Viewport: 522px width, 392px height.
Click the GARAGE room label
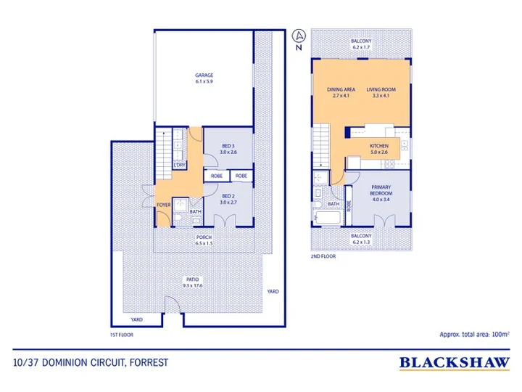[x=204, y=75]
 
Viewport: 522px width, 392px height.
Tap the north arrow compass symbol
[x=299, y=36]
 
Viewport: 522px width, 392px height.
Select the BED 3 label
[x=228, y=146]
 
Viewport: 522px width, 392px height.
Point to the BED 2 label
[x=228, y=196]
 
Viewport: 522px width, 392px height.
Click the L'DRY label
[x=180, y=165]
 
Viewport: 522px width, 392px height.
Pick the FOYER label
[x=163, y=205]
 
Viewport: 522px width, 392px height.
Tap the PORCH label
[x=204, y=237]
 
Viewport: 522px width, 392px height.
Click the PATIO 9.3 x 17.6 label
[x=192, y=282]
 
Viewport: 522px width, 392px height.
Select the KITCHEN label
[x=379, y=146]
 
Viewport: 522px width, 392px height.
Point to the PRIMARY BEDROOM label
[x=381, y=190]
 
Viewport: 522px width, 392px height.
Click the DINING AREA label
[x=341, y=89]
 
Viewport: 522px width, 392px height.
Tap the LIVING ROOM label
[x=381, y=89]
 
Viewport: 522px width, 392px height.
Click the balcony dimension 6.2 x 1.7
[x=361, y=47]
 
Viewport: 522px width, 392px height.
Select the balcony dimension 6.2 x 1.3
[x=361, y=242]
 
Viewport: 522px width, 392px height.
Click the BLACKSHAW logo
[x=455, y=363]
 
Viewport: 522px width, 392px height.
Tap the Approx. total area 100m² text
[x=474, y=334]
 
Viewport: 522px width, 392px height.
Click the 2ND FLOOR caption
[x=323, y=256]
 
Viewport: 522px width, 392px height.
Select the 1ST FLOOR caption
[x=122, y=335]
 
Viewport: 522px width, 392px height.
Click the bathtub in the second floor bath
[x=328, y=218]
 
